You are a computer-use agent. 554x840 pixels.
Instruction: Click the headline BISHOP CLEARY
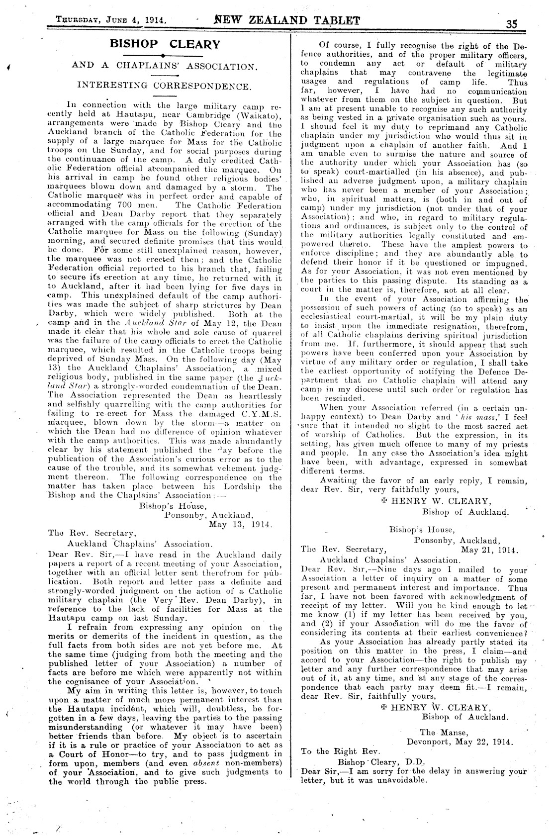pos(165,44)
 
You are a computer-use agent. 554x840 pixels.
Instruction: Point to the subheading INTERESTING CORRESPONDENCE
pos(165,86)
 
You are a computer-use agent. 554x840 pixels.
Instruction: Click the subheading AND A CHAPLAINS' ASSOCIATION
pos(165,66)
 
